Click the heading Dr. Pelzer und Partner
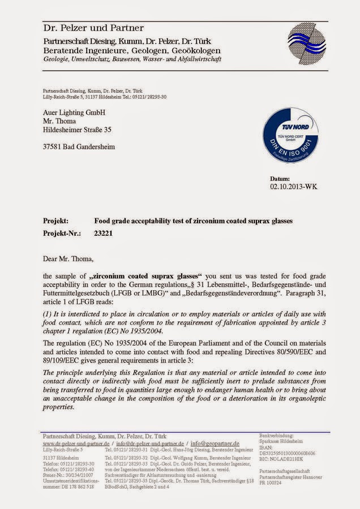(x=93, y=28)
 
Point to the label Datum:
(x=280, y=178)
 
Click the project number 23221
(x=103, y=232)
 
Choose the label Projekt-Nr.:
(x=62, y=232)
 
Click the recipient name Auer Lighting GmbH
(x=74, y=113)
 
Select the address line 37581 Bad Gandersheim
(x=79, y=147)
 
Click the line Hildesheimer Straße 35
(x=77, y=130)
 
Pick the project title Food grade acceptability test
(x=193, y=221)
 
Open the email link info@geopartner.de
(x=215, y=443)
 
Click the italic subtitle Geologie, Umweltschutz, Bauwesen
(x=132, y=59)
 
